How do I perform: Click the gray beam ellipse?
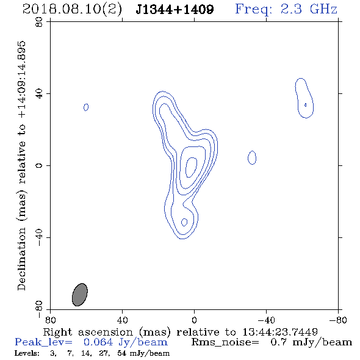(x=80, y=295)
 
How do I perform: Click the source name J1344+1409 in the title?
(x=175, y=9)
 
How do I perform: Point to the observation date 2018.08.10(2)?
(x=72, y=10)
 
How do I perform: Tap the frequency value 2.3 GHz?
(x=309, y=9)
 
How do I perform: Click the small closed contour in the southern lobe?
(x=184, y=222)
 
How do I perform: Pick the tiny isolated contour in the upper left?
(x=86, y=107)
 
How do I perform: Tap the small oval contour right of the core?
(x=252, y=158)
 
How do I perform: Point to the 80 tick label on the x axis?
(x=50, y=320)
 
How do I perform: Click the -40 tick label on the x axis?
(x=266, y=320)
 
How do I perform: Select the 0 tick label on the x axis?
(x=194, y=320)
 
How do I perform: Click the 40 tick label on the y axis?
(x=39, y=94)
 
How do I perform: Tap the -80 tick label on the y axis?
(x=39, y=309)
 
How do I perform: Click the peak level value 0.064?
(x=98, y=342)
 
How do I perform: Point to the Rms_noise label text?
(x=225, y=342)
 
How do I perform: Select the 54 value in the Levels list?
(x=121, y=353)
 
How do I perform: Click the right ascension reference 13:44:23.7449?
(x=280, y=332)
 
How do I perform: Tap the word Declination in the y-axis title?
(x=21, y=259)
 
